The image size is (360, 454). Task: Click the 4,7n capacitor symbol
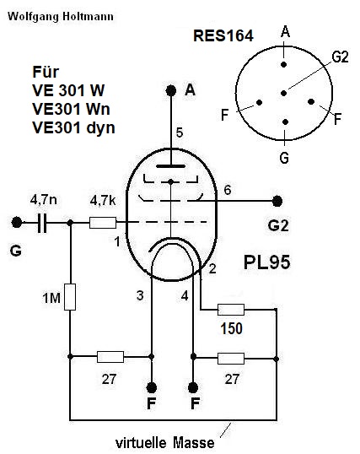point(42,223)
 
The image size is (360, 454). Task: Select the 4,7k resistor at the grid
point(103,223)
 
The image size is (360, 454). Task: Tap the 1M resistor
point(70,297)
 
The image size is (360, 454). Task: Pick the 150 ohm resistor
point(231,310)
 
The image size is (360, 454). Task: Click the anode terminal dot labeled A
point(171,90)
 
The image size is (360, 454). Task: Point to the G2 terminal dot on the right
point(277,201)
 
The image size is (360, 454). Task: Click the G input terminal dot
point(17,223)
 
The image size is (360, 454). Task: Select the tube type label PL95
point(266,262)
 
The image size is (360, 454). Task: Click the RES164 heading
point(223,36)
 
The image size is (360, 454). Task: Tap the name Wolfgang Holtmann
point(61,16)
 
